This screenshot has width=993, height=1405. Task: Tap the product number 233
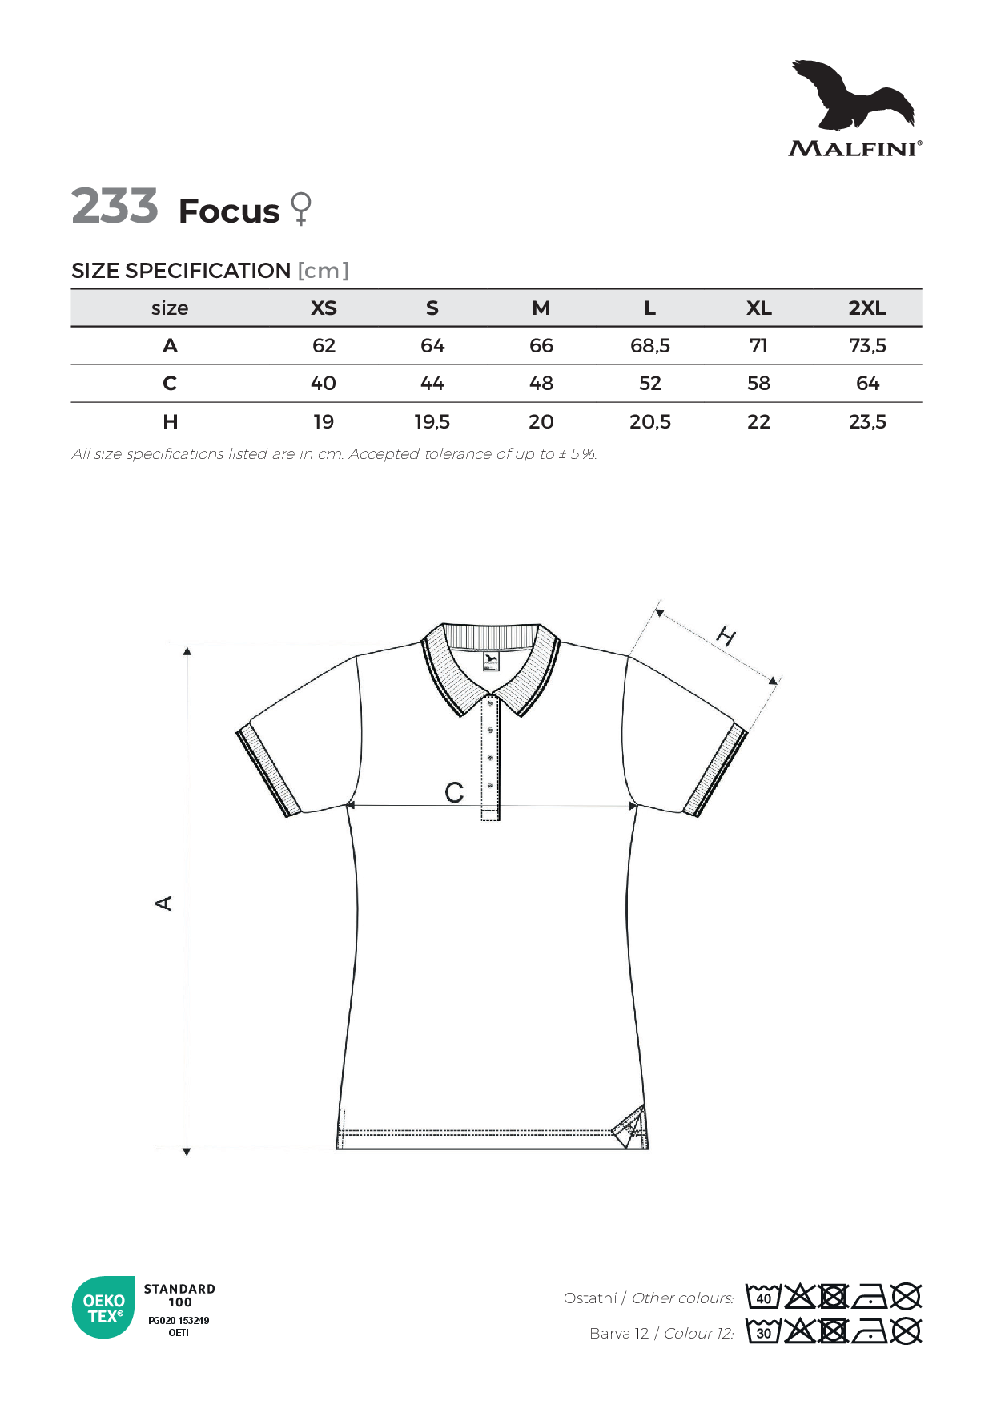tap(115, 207)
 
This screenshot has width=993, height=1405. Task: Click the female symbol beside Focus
tap(301, 209)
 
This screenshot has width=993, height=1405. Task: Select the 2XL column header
tap(866, 308)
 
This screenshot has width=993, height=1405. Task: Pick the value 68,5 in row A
tap(649, 346)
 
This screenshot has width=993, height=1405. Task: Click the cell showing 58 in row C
tap(758, 384)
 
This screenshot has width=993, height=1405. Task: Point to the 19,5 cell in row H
tap(432, 422)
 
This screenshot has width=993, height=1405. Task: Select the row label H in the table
tap(170, 422)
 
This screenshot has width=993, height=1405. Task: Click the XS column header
tap(324, 308)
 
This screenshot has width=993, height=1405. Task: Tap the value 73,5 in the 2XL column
tap(866, 346)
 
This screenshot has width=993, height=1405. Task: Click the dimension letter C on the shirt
tap(454, 793)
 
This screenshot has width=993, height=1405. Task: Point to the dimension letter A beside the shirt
tap(163, 904)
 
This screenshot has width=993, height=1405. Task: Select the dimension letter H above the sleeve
tap(726, 637)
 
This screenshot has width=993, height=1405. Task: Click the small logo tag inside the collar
tap(491, 662)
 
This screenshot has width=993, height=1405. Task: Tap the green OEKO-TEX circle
tap(104, 1308)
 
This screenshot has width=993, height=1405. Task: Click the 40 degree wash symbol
tap(762, 1297)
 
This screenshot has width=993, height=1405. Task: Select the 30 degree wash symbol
tap(762, 1332)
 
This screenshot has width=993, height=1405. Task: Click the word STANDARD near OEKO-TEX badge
tap(179, 1289)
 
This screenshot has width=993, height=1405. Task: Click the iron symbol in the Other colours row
tap(870, 1297)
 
